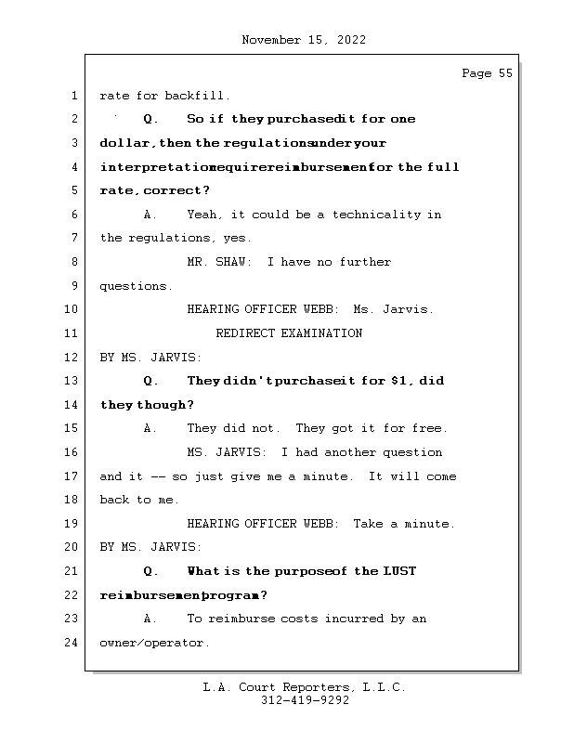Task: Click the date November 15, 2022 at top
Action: point(303,40)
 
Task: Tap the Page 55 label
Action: point(487,73)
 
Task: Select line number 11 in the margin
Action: point(72,333)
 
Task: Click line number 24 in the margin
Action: point(72,643)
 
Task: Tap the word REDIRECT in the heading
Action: point(245,333)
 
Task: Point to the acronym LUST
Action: point(399,571)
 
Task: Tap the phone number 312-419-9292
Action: point(305,701)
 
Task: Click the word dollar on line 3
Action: point(125,144)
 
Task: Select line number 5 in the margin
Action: point(72,190)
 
